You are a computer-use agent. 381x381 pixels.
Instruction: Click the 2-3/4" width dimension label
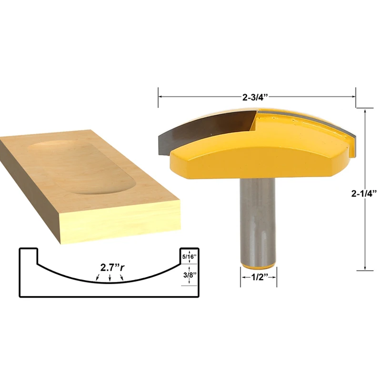(255, 98)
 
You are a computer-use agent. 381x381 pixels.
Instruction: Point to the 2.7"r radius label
(112, 268)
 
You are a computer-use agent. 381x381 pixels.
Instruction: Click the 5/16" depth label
(190, 256)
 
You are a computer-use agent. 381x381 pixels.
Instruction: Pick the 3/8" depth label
(190, 275)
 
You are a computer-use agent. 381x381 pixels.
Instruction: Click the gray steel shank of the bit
(258, 221)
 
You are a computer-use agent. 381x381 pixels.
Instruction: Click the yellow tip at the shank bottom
(258, 266)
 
